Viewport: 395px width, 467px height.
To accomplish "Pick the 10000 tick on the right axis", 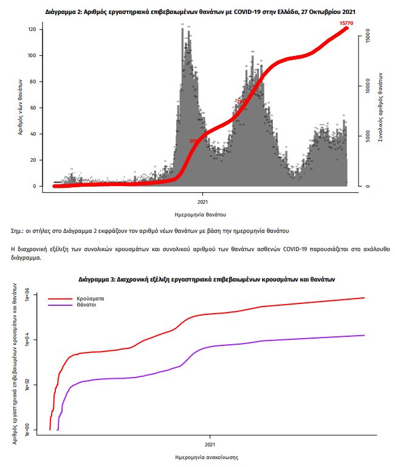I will pos(366,86).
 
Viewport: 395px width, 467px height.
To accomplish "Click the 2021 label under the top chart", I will pos(204,200).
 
